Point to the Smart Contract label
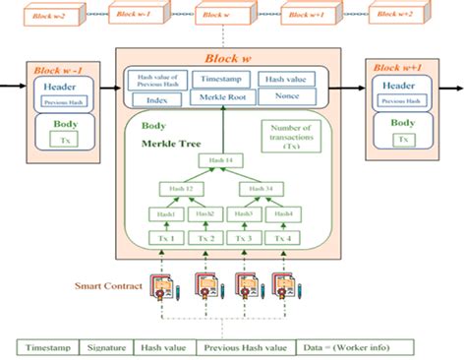click(105, 287)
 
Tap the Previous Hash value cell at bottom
click(247, 346)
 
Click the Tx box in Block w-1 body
click(64, 141)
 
